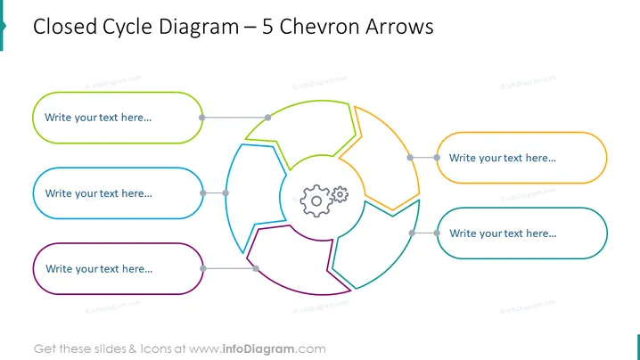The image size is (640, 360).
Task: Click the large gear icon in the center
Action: click(316, 200)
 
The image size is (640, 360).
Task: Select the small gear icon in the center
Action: click(340, 194)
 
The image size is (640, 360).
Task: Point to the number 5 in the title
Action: click(267, 27)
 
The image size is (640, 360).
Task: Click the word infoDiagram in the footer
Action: click(258, 349)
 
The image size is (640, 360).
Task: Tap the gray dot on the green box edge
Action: click(202, 118)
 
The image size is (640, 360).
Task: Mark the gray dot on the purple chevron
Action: click(256, 268)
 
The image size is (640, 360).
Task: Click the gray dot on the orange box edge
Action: click(437, 158)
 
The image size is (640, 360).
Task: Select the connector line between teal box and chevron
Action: click(424, 233)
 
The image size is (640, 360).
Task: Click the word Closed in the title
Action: click(64, 27)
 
